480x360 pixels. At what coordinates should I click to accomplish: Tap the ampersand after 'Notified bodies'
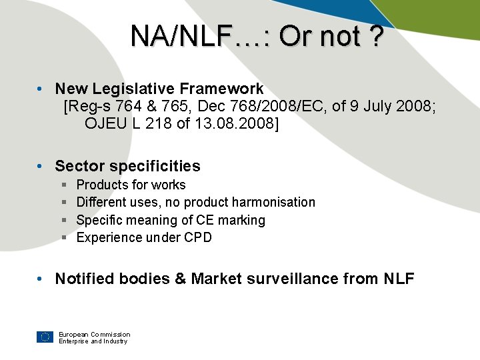(180, 279)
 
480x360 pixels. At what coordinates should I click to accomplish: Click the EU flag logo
(45, 337)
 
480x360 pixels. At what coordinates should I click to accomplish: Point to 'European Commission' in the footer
(94, 334)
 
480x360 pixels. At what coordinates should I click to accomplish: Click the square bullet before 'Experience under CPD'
(64, 237)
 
